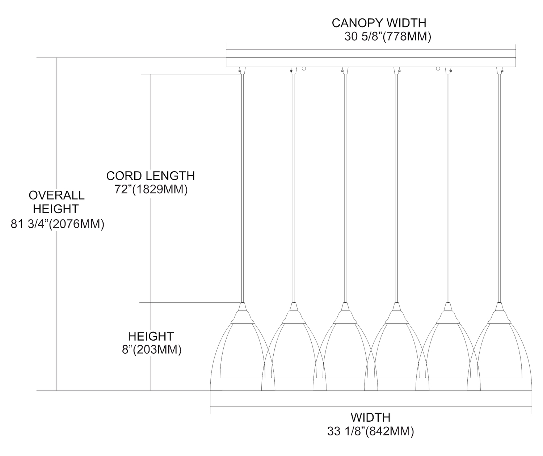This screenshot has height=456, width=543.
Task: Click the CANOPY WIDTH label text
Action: (x=379, y=23)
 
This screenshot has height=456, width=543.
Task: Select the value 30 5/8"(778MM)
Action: (x=387, y=37)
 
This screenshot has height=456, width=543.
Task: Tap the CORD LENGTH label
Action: (x=150, y=176)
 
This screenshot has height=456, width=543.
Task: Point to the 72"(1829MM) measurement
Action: (x=151, y=190)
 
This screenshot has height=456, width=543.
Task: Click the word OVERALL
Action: (x=56, y=195)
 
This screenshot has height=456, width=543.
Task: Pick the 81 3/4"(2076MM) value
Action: (x=58, y=224)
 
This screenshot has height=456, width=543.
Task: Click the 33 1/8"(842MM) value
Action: (x=370, y=431)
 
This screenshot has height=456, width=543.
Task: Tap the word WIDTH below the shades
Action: (x=370, y=417)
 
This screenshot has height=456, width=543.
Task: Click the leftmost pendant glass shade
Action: (x=242, y=355)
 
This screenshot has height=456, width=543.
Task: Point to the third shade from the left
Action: (x=345, y=355)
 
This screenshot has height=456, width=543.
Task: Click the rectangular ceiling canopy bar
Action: (x=371, y=63)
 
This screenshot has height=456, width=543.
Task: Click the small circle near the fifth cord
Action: (x=438, y=68)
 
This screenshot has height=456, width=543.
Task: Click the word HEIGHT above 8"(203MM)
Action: (x=151, y=336)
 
